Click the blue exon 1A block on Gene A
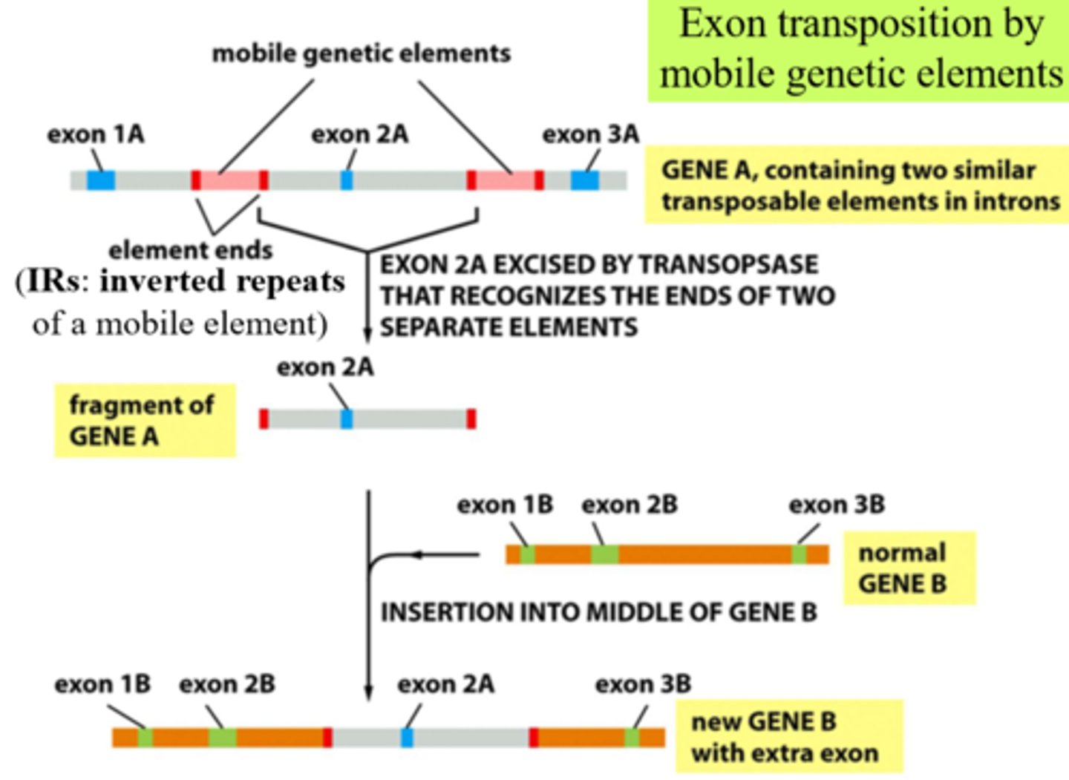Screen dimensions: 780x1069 pyautogui.click(x=101, y=180)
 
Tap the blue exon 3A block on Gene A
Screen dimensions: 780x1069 pyautogui.click(x=584, y=180)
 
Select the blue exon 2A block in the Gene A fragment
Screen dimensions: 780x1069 pyautogui.click(x=346, y=419)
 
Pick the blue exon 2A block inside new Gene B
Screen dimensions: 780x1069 pyautogui.click(x=407, y=738)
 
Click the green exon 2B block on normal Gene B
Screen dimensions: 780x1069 pyautogui.click(x=604, y=554)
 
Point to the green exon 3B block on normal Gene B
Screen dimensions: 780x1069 pyautogui.click(x=799, y=554)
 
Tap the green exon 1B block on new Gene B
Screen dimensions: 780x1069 pyautogui.click(x=146, y=738)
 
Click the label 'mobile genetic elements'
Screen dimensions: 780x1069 pyautogui.click(x=362, y=53)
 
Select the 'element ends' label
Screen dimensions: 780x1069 pyautogui.click(x=190, y=250)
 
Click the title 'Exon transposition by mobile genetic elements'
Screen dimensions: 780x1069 pyautogui.click(x=861, y=49)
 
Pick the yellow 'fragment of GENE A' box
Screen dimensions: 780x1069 pyautogui.click(x=145, y=420)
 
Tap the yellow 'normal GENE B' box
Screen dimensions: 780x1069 pyautogui.click(x=909, y=568)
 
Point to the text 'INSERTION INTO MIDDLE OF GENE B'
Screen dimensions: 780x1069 pyautogui.click(x=598, y=612)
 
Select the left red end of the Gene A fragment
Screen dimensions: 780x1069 pyautogui.click(x=264, y=419)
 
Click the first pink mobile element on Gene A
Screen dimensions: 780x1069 pyautogui.click(x=229, y=180)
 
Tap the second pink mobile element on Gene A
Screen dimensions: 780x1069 pyautogui.click(x=505, y=180)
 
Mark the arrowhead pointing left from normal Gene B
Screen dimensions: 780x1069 pyautogui.click(x=417, y=554)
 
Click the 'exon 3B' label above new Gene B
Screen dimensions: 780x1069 pyautogui.click(x=643, y=684)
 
